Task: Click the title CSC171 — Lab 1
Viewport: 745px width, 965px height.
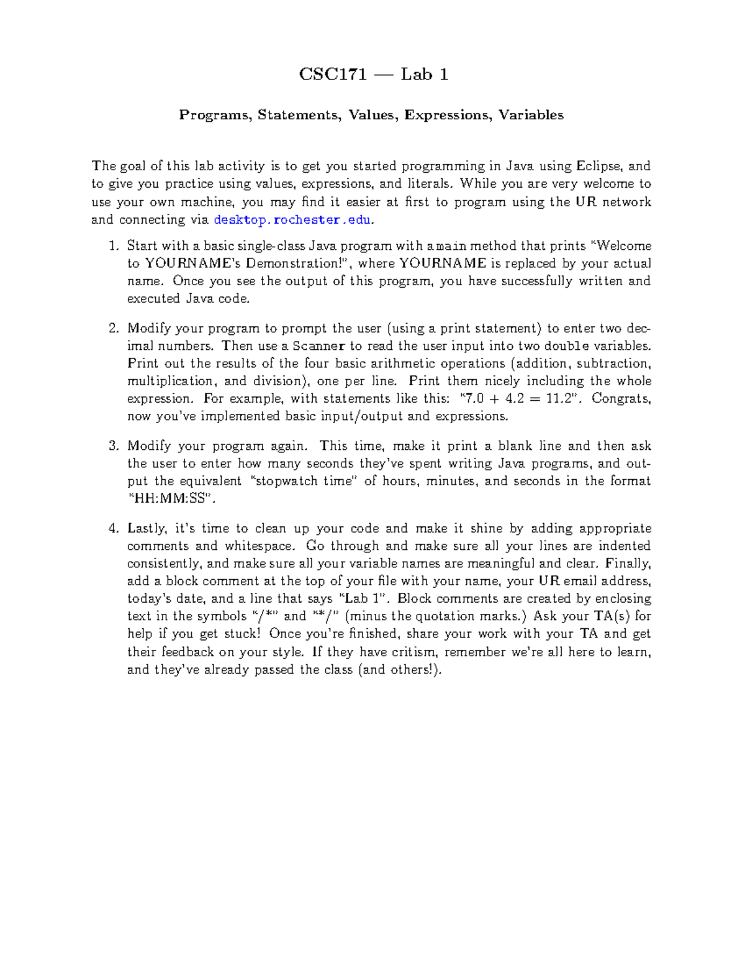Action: point(373,75)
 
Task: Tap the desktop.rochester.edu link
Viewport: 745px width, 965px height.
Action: point(292,220)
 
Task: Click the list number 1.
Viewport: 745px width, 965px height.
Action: point(113,246)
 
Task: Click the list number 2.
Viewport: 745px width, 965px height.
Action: point(113,329)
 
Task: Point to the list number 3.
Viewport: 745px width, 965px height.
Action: point(113,446)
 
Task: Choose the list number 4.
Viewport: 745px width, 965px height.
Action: point(113,529)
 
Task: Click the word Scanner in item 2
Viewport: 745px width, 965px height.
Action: point(318,346)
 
